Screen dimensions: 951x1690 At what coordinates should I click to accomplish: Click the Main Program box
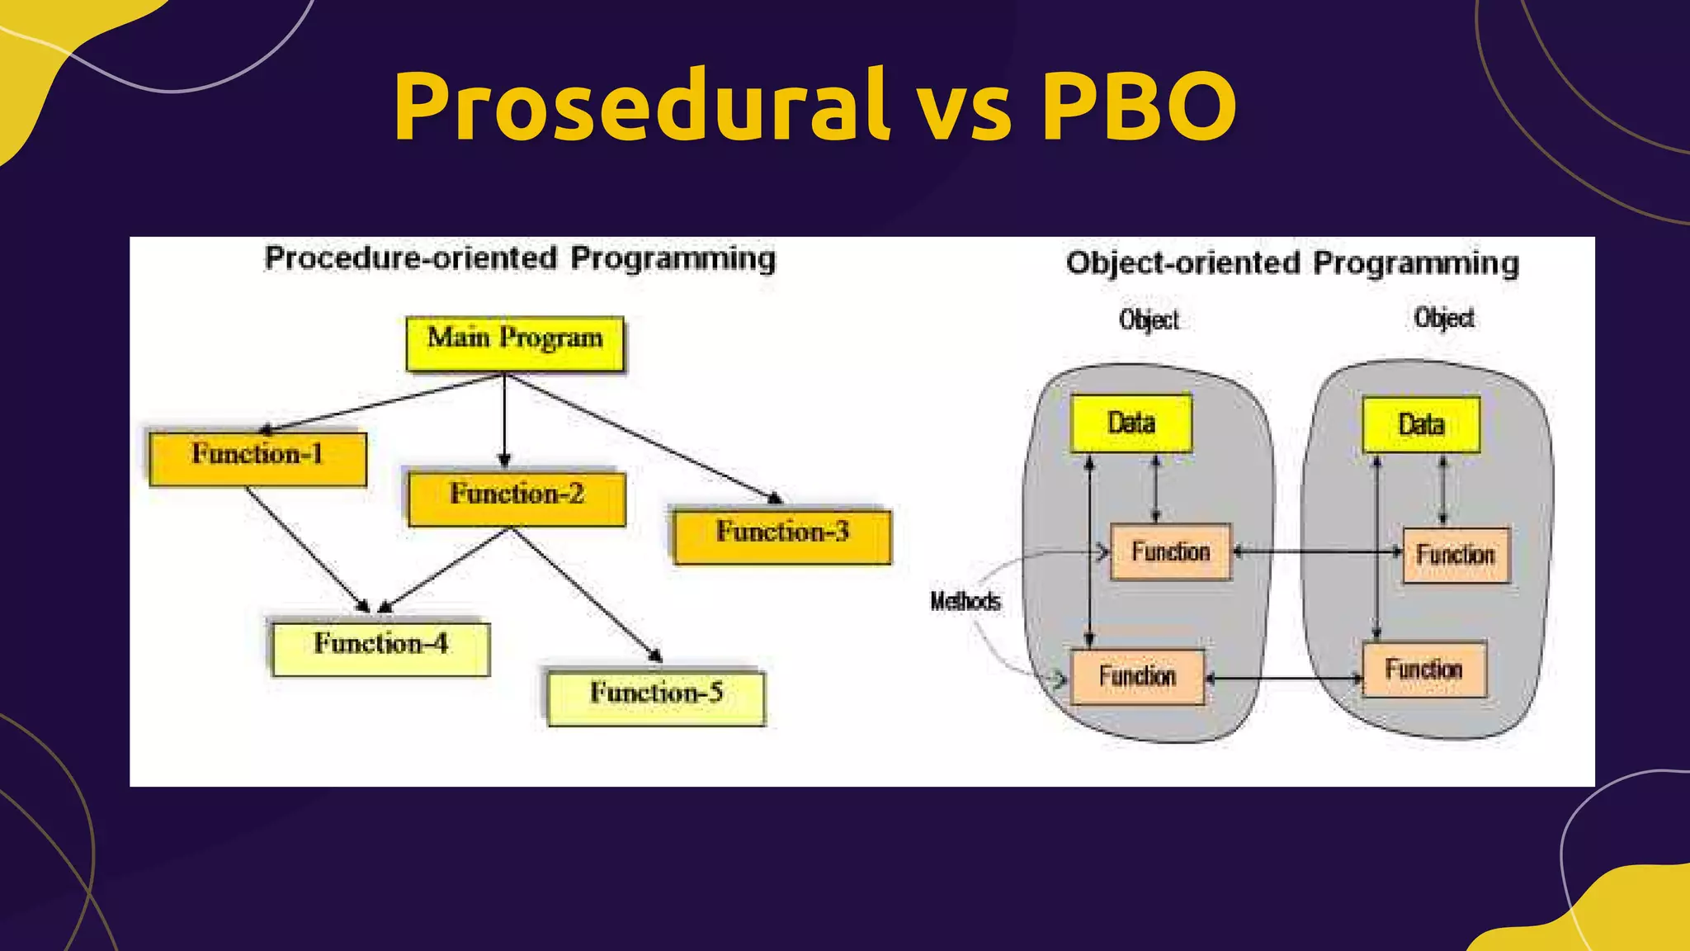coord(515,343)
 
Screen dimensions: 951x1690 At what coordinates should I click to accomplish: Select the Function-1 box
coord(257,458)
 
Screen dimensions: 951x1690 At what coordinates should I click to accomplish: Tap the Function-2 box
coord(517,498)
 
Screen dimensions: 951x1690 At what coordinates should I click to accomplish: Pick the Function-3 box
coord(781,536)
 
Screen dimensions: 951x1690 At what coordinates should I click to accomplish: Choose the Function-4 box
coord(380,648)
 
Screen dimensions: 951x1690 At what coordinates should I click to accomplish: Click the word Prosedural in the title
coord(640,107)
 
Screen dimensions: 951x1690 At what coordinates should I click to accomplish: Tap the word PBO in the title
coord(1139,107)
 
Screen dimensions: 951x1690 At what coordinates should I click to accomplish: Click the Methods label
coord(965,601)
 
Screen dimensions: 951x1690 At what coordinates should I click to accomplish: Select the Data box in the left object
coord(1131,423)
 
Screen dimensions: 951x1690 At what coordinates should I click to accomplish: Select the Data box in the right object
coord(1421,425)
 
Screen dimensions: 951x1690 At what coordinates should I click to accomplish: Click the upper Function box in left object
coord(1170,551)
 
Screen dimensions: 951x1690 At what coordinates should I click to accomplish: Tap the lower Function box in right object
coord(1424,669)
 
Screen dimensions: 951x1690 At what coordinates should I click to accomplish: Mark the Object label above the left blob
coord(1149,319)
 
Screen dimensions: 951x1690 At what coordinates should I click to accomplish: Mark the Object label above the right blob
coord(1443,318)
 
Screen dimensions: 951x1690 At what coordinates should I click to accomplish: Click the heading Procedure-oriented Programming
coord(520,258)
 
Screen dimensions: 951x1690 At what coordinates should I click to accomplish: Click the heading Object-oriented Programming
coord(1291,263)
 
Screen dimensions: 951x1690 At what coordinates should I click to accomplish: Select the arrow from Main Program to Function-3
coord(644,438)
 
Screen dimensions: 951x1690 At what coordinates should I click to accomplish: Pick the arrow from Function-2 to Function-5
coord(586,594)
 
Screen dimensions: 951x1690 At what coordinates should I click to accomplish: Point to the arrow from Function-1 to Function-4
coord(307,548)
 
